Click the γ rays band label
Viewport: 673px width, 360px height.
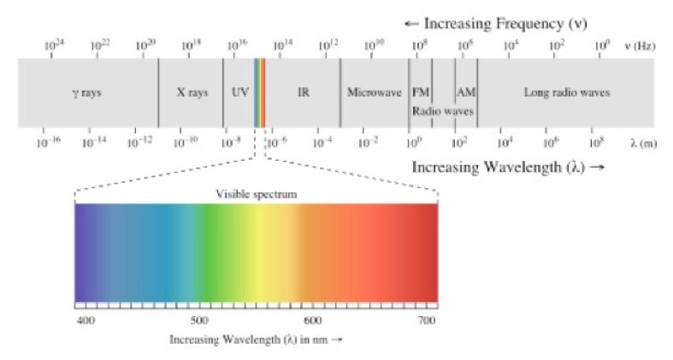(86, 92)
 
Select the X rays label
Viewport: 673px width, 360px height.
(192, 92)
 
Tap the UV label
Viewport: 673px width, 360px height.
(240, 92)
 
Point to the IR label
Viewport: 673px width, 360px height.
(303, 92)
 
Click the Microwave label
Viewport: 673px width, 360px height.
(374, 92)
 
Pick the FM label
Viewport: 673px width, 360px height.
(421, 92)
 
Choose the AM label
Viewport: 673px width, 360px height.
(466, 92)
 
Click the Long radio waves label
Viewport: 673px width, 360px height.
(566, 92)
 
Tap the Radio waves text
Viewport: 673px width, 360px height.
(443, 110)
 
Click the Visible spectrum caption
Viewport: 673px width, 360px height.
(256, 194)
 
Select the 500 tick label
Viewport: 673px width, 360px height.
(199, 320)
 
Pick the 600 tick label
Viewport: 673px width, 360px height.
(313, 320)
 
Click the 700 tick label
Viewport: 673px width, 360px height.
(428, 320)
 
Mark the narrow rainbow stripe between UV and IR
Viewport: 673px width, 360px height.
(260, 92)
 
